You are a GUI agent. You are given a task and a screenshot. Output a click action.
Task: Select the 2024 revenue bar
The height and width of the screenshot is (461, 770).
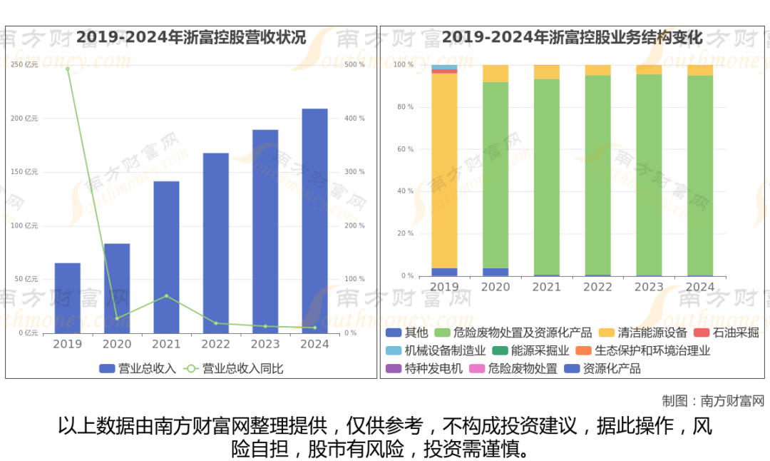tap(314, 221)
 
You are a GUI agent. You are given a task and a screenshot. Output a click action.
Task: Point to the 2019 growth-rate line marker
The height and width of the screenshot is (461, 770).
tap(68, 69)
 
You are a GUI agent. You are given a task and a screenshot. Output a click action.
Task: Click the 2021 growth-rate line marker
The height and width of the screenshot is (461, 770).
tap(166, 295)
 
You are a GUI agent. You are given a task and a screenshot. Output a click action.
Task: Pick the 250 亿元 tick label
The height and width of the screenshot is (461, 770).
tap(24, 65)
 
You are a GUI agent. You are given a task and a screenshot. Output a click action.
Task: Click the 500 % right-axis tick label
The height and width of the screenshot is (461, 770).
tap(354, 65)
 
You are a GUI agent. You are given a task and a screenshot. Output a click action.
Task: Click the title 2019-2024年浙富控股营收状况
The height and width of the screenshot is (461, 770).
tap(191, 37)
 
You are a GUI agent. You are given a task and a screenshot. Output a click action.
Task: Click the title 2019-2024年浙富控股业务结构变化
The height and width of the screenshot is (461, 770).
tap(572, 37)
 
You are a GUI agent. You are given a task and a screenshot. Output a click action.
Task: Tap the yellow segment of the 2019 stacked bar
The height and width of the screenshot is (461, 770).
tap(444, 171)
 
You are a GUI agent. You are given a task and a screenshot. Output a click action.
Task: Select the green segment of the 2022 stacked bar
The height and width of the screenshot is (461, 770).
tap(597, 175)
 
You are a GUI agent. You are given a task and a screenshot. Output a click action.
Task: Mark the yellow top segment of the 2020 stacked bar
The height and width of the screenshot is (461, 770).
tap(496, 74)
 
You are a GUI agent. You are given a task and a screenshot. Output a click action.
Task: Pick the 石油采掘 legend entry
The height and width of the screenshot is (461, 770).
tap(727, 333)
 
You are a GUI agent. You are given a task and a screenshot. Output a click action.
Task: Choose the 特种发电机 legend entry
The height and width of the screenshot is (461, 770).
tap(424, 368)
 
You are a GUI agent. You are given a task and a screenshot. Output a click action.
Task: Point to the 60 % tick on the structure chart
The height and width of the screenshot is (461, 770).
tap(405, 149)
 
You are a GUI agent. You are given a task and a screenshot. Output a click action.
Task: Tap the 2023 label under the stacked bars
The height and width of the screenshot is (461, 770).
tap(649, 287)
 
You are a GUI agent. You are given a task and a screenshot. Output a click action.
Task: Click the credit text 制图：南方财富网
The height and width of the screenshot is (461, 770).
tap(713, 400)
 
